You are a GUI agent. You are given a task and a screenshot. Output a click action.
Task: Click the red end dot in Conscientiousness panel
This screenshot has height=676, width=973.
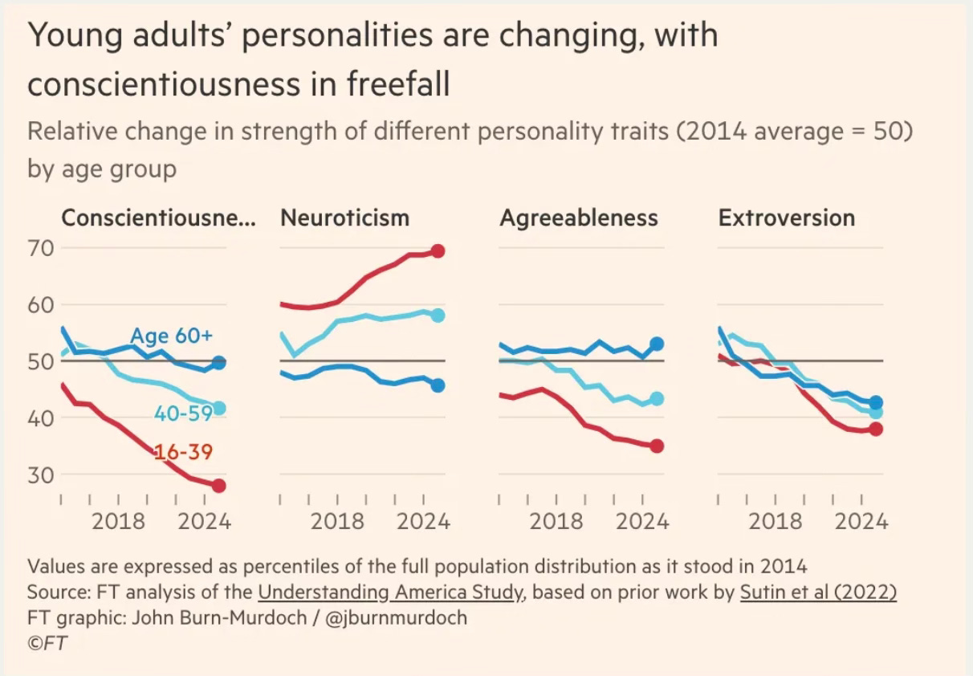[218, 486]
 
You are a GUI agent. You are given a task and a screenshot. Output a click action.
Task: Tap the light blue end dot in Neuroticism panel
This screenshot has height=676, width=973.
[438, 315]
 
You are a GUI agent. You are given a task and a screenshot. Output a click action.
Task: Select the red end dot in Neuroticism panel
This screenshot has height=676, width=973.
[438, 251]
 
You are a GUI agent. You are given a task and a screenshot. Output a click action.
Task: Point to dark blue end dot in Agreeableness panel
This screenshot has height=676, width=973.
[657, 344]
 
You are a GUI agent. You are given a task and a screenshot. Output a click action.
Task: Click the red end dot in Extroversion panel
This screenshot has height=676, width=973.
[876, 429]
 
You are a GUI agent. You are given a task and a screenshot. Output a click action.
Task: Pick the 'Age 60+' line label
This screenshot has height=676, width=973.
[171, 335]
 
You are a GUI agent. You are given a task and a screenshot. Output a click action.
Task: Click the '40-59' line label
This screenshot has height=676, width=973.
[184, 413]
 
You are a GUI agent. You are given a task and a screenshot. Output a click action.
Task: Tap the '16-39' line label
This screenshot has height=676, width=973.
[184, 453]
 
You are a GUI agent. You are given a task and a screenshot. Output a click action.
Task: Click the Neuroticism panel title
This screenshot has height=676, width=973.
[344, 218]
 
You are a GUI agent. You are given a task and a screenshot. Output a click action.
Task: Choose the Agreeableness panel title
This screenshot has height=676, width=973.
[578, 218]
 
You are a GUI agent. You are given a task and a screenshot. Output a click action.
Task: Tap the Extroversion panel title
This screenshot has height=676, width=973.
[787, 218]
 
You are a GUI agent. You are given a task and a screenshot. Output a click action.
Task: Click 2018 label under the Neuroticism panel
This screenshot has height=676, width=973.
[337, 521]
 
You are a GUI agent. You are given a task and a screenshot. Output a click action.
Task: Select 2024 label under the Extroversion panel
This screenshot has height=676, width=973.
[861, 521]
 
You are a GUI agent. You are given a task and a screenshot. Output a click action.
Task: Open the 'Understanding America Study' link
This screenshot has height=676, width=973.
[391, 593]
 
